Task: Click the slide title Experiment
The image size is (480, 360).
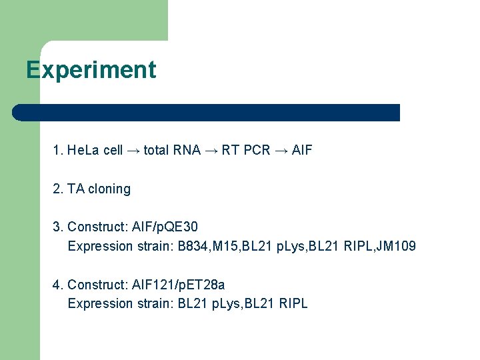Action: (91, 70)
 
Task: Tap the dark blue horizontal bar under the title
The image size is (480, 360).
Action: (206, 112)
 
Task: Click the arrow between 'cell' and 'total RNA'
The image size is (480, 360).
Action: (133, 151)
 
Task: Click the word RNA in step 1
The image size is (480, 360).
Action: (186, 150)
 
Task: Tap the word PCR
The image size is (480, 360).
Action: (257, 150)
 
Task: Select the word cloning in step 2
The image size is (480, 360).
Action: (109, 189)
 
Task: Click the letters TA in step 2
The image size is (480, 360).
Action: (76, 189)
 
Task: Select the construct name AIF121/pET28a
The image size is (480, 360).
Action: (179, 285)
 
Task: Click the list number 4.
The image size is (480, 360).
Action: (57, 285)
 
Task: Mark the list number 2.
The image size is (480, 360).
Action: (57, 189)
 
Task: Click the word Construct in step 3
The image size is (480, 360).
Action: (97, 227)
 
